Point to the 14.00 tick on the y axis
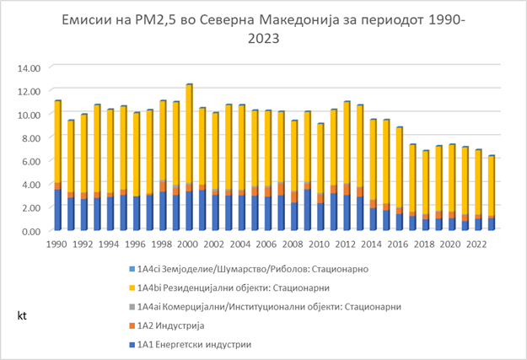29,67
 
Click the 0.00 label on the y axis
30,230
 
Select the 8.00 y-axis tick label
30,137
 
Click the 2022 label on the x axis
477,244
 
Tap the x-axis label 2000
189,244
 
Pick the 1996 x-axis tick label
137,244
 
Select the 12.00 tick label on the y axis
29,91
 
